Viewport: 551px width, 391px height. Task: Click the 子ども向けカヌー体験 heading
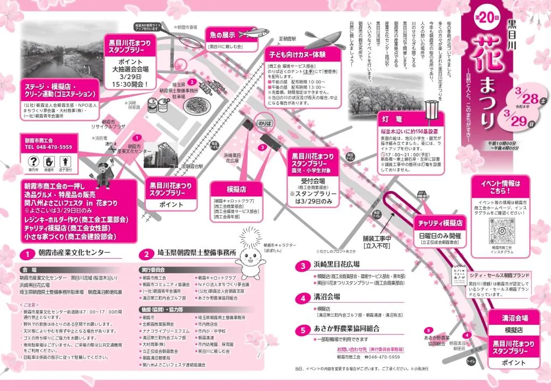[x=303, y=55]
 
